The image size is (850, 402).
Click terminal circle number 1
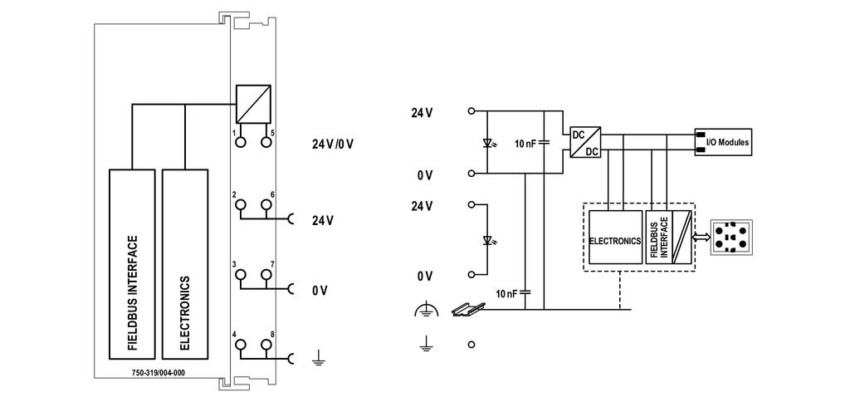(240, 142)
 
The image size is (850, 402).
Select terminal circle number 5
(266, 142)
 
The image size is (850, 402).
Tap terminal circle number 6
(266, 204)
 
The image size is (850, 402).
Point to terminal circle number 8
(266, 345)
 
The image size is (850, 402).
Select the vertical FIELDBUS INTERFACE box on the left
(132, 264)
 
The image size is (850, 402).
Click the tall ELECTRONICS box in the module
(185, 264)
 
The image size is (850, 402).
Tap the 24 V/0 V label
(333, 145)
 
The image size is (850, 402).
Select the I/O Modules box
(723, 143)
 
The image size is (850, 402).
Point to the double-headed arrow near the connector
(702, 238)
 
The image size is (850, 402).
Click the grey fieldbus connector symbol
(731, 237)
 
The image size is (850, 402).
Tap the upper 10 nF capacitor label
(525, 144)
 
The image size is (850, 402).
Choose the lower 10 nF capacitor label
(506, 293)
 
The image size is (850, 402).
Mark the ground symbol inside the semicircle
(425, 310)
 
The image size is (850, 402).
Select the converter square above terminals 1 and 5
(253, 104)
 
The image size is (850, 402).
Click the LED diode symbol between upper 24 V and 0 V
(487, 144)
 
